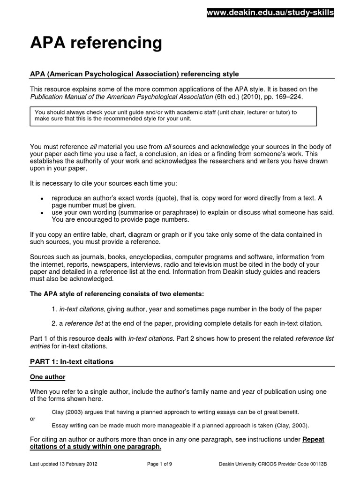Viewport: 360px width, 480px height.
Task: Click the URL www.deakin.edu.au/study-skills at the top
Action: pos(270,13)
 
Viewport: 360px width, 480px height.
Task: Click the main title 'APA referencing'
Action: pos(96,43)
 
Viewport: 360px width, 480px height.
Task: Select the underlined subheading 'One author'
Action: pos(48,376)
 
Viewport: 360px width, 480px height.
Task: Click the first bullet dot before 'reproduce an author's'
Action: pos(43,198)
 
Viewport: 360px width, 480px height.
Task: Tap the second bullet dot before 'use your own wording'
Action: pos(43,213)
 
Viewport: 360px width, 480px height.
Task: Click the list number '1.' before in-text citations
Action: pos(54,309)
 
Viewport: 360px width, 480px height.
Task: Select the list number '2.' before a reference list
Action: pos(54,323)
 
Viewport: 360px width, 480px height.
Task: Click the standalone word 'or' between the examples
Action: pos(32,419)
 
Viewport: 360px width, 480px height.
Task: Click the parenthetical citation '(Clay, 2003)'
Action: pos(292,426)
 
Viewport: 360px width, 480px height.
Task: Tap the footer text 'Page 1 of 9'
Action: pos(160,464)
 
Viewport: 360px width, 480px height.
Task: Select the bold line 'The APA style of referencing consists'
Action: pos(117,294)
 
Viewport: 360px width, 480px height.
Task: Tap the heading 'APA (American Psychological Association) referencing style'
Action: pos(135,74)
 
